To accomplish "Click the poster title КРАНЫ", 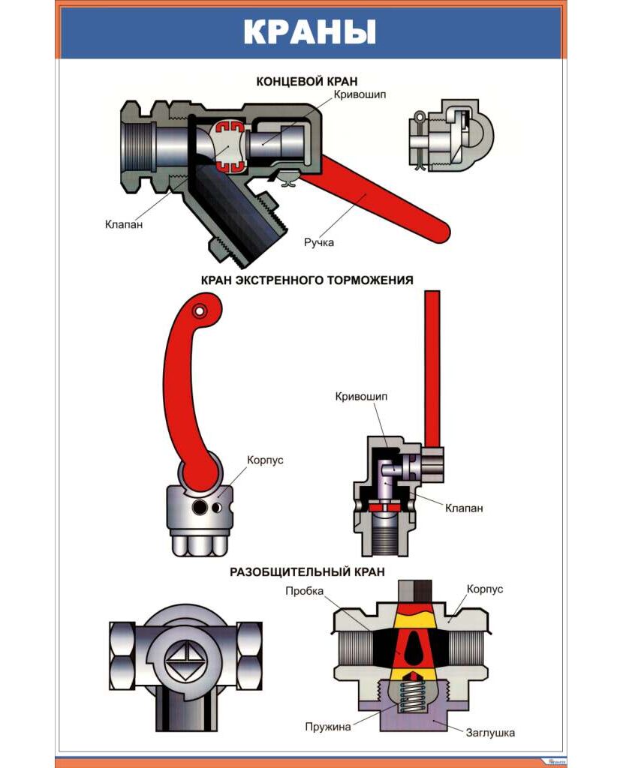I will tap(309, 33).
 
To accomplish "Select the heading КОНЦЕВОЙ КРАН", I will tap(307, 81).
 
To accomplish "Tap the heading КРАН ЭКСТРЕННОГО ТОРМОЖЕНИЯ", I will tap(307, 280).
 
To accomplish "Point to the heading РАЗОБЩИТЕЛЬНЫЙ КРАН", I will tap(307, 571).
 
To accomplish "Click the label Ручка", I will tap(318, 242).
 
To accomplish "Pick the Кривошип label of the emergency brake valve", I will tap(362, 396).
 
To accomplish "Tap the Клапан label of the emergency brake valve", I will tap(464, 508).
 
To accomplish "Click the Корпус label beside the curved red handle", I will tap(265, 460).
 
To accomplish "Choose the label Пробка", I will tap(304, 591).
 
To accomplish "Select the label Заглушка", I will tap(490, 732).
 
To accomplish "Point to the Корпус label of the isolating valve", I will tap(485, 589).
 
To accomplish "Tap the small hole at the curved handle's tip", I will tap(199, 310).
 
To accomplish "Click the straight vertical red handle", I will tap(432, 367).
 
